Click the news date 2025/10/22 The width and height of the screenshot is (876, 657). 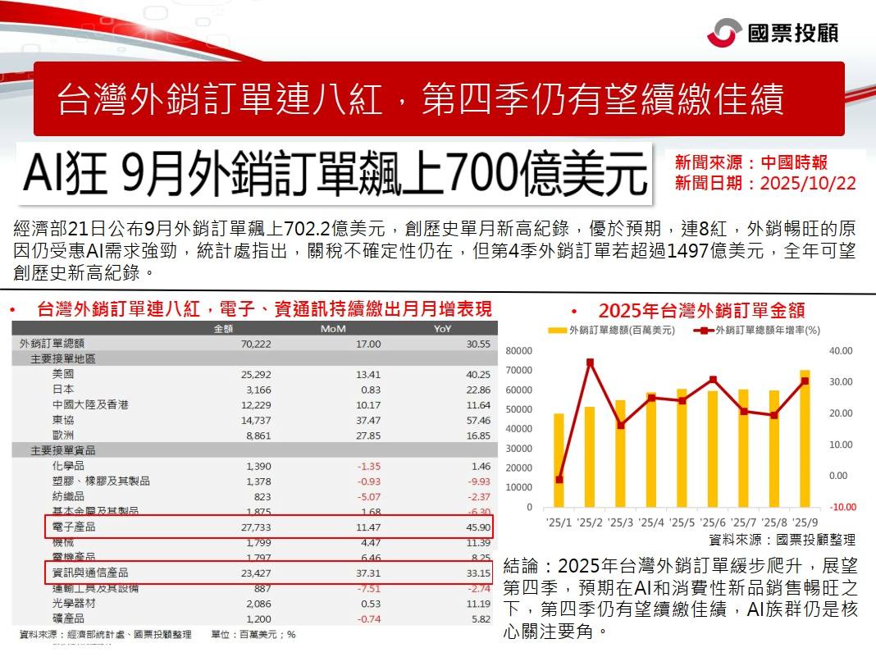[x=808, y=183]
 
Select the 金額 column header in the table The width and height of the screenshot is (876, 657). [x=223, y=329]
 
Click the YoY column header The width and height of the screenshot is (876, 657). [x=442, y=329]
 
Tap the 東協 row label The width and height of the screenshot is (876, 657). [x=62, y=419]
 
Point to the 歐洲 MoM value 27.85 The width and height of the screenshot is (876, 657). [x=366, y=435]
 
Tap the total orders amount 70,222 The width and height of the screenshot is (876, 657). [x=253, y=344]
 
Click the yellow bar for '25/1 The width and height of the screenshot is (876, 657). [x=559, y=459]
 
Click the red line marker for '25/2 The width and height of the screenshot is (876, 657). [x=590, y=362]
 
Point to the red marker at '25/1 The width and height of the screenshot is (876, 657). [x=559, y=480]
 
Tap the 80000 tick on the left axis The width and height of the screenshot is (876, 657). [x=520, y=350]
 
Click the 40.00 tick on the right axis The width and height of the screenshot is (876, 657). [x=842, y=350]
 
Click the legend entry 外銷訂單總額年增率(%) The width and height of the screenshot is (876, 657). [x=764, y=331]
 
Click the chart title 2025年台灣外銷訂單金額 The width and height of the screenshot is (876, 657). [x=701, y=310]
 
